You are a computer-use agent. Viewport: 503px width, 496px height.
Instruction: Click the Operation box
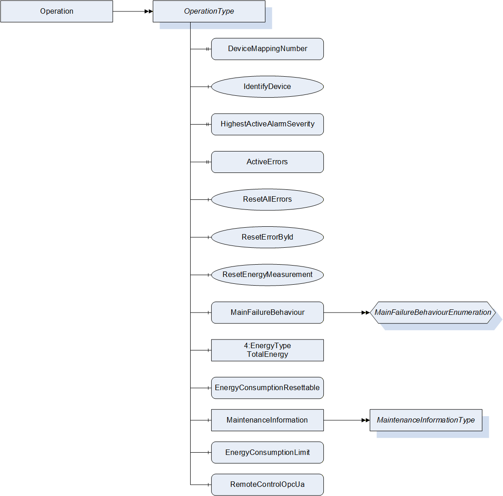[57, 11]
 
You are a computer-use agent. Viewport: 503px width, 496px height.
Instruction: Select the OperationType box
[209, 11]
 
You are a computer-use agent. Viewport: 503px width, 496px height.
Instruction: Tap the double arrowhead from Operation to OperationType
[149, 11]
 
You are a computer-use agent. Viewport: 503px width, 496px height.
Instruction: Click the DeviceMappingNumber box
[267, 49]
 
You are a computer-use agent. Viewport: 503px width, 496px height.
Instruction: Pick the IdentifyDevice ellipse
[267, 87]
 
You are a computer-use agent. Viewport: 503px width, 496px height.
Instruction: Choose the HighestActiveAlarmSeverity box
[267, 124]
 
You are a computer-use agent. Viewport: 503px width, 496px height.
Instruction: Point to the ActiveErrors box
[267, 162]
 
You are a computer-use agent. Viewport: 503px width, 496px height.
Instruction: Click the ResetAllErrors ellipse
[267, 199]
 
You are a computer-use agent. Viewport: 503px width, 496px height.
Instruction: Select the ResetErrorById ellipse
[267, 237]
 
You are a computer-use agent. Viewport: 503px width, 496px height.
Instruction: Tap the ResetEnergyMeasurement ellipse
[267, 275]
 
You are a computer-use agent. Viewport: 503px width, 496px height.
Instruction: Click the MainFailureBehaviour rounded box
[267, 313]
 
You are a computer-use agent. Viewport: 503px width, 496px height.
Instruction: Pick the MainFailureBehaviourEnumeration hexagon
[432, 313]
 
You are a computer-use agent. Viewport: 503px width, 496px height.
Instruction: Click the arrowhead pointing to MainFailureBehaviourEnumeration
[366, 313]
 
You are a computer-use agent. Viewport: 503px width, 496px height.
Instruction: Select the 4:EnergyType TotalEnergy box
[267, 350]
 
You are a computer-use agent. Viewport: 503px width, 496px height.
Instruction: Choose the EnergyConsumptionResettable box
[267, 388]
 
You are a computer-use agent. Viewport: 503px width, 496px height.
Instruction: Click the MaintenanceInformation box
[267, 420]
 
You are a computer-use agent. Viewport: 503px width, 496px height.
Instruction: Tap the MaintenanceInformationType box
[425, 420]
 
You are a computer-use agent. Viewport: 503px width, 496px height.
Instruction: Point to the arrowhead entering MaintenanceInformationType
[366, 420]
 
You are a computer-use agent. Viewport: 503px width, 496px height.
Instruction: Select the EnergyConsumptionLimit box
[267, 452]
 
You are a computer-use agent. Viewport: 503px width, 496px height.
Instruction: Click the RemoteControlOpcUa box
[267, 485]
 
